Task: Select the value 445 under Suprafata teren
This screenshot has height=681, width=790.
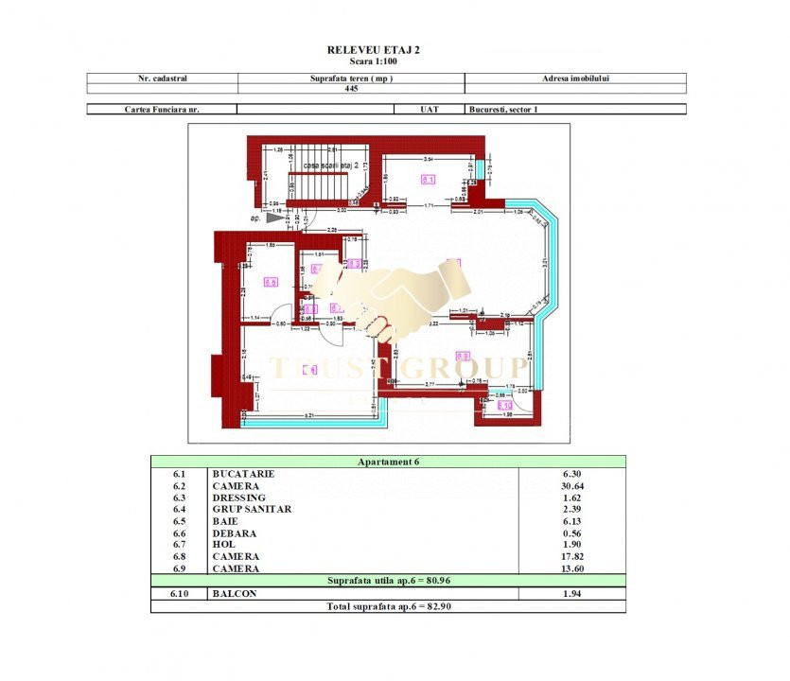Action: click(351, 89)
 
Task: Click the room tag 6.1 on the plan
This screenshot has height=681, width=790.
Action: click(428, 179)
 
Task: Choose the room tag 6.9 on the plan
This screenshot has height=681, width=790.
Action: click(309, 370)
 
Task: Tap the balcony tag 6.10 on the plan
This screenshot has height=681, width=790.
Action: click(492, 405)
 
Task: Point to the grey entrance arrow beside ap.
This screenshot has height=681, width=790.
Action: click(274, 218)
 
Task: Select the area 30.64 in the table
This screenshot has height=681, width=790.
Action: click(571, 485)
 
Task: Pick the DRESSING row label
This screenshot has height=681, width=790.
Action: click(239, 498)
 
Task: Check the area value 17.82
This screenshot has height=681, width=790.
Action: click(571, 556)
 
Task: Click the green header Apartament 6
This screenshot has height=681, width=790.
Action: click(387, 462)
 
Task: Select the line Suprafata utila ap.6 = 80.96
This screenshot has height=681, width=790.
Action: click(387, 580)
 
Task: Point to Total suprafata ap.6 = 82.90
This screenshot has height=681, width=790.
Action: click(387, 605)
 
